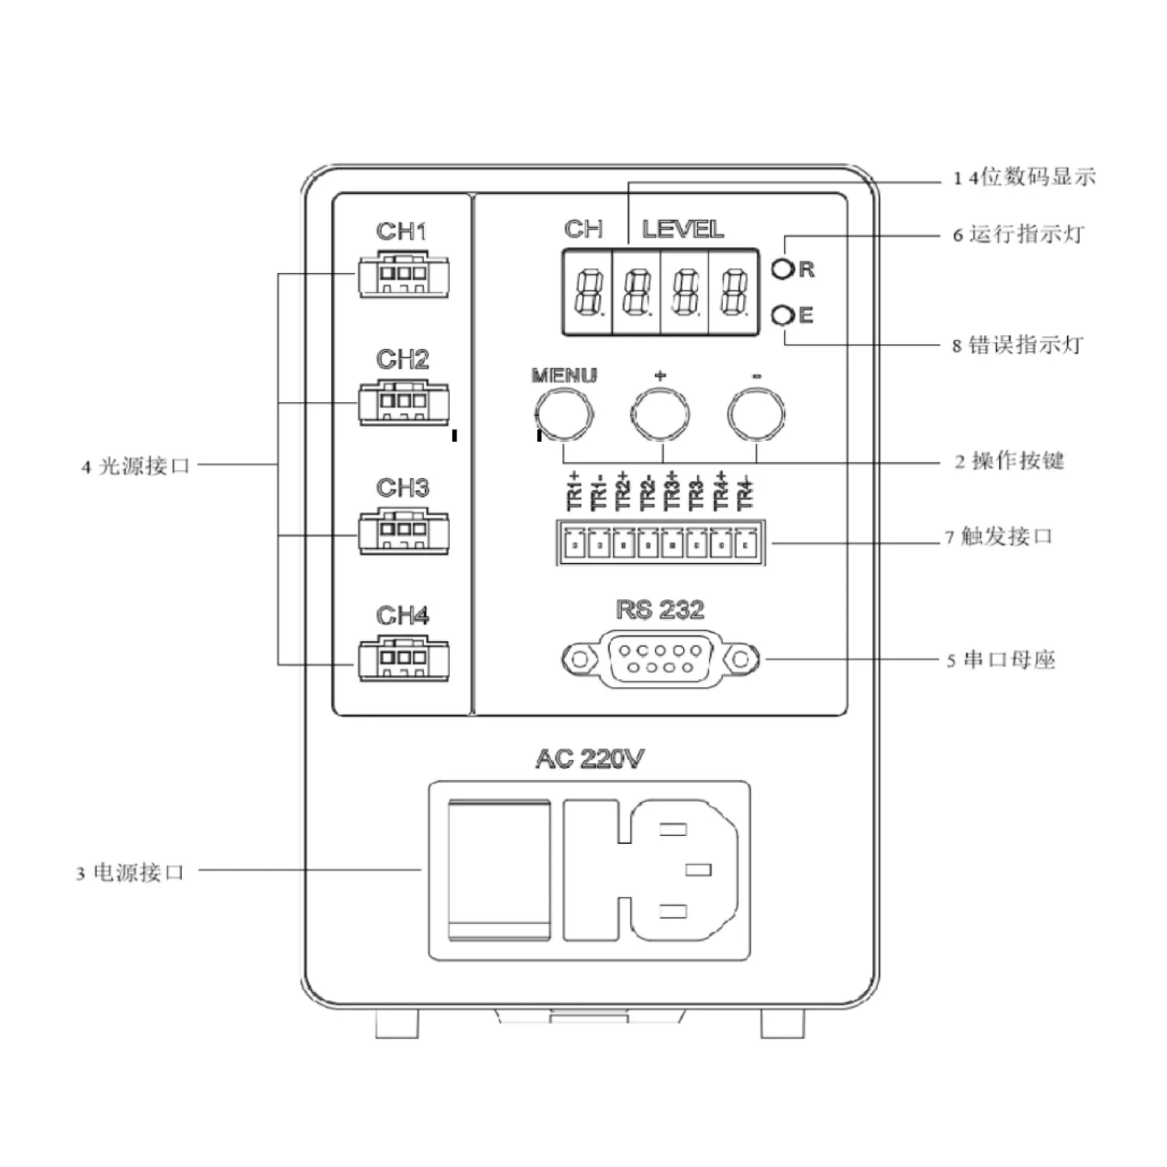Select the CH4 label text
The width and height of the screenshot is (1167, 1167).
402,616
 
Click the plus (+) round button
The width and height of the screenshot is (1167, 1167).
660,414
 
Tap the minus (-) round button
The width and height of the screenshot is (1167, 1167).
756,414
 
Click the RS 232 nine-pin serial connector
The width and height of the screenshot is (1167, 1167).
660,659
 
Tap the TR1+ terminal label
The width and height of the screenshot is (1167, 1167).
574,490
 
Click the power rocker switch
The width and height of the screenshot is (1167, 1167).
498,871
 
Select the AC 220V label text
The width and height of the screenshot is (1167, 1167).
590,759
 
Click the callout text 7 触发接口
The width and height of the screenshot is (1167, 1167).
999,537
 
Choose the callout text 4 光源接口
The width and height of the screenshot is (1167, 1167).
135,466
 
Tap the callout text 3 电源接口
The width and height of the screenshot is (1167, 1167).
131,873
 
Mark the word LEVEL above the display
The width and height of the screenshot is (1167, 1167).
683,230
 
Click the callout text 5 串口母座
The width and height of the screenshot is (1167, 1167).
1001,660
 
